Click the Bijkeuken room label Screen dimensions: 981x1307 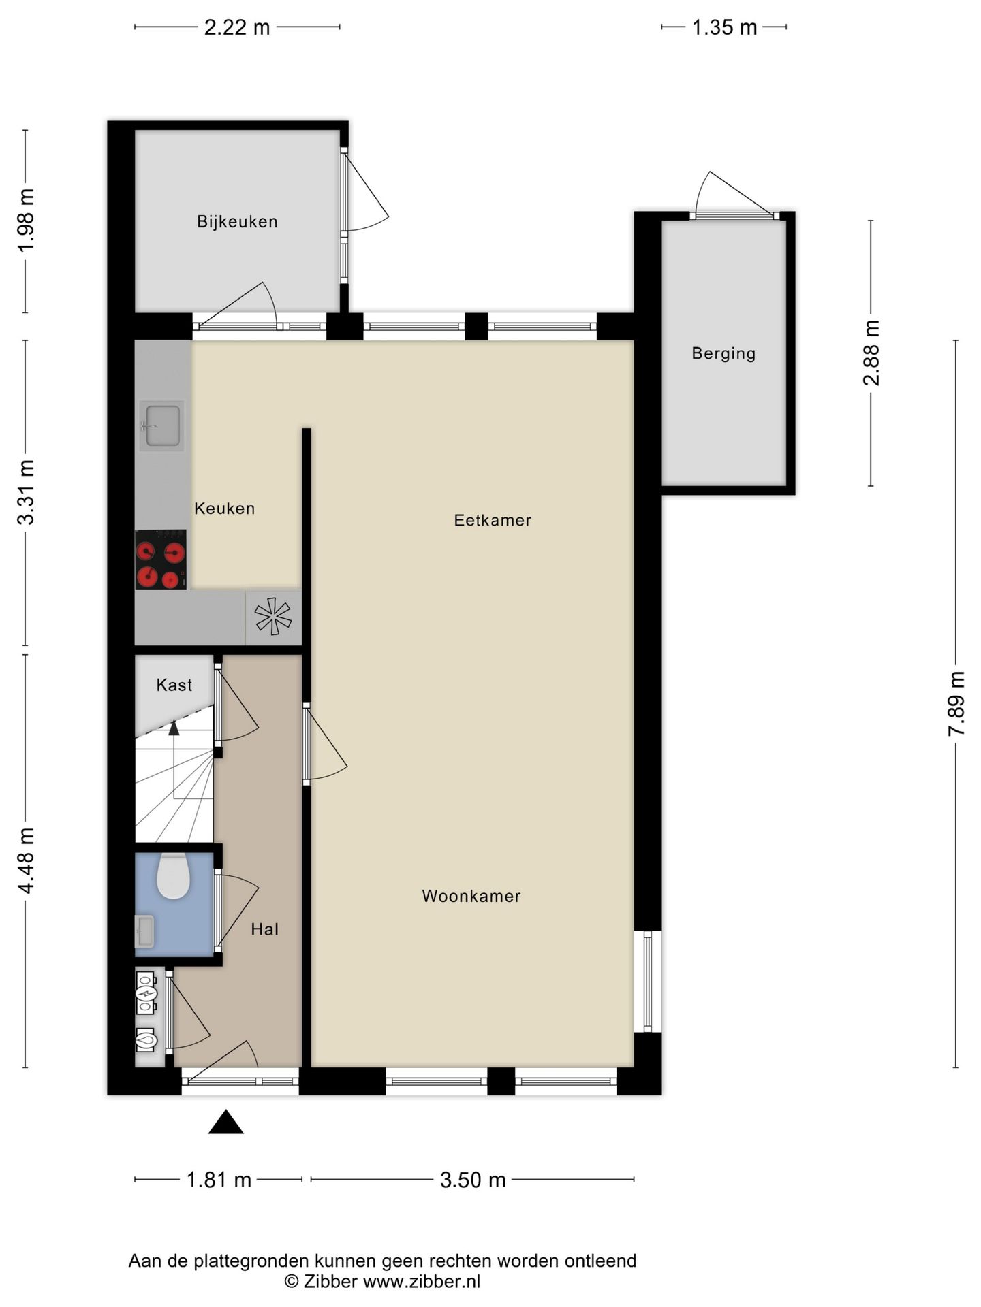pos(237,221)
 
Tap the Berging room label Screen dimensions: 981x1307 pos(723,353)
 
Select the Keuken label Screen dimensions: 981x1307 pos(224,509)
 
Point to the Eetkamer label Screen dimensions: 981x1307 pos(493,520)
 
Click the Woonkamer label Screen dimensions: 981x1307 pos(471,896)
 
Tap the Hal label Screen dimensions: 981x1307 pos(264,929)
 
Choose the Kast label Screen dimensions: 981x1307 pos(174,685)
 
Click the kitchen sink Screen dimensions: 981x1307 pos(162,426)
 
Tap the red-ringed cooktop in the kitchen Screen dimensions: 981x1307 pos(161,560)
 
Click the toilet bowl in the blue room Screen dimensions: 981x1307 pos(173,876)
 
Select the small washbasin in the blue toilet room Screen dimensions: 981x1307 pos(144,931)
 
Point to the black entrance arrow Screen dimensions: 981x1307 pos(225,1122)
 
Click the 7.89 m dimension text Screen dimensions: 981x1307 pos(956,703)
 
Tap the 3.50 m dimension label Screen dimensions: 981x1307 pos(473,1180)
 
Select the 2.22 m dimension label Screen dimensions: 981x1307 pos(237,27)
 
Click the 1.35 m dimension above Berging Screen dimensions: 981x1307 pos(724,27)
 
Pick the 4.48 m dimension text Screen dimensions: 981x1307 pos(26,860)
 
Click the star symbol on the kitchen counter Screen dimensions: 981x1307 pos(273,617)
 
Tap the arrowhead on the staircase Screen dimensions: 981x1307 pos(174,728)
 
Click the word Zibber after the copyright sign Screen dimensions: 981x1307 pos(330,1282)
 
